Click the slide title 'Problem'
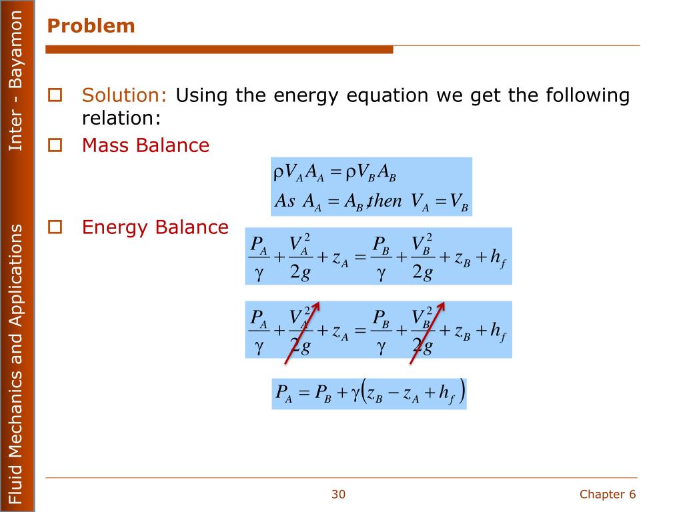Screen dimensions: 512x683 tap(91, 26)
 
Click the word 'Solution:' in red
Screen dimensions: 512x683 tap(124, 95)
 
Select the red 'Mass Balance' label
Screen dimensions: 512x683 tap(145, 145)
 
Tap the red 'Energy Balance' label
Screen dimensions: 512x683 tap(155, 227)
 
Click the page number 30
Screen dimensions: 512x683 tap(338, 494)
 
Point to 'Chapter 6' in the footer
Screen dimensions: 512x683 tap(608, 494)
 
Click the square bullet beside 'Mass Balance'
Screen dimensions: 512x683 tap(55, 145)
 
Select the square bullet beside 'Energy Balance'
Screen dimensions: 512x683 tap(55, 227)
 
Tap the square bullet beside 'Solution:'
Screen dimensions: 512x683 tap(55, 95)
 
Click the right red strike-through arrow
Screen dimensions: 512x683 tap(427, 333)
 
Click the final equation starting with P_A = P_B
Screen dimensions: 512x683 tap(369, 394)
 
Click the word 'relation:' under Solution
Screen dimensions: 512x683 tap(121, 118)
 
